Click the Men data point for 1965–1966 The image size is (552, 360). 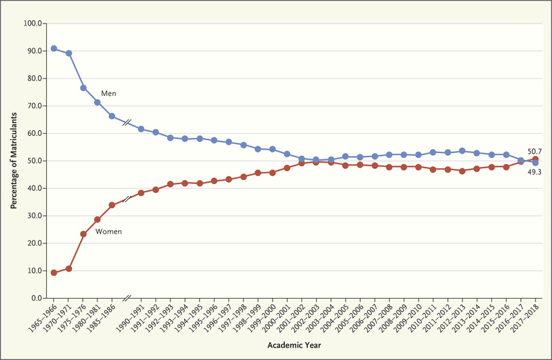[x=54, y=48]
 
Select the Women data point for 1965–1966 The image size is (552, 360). [x=54, y=272]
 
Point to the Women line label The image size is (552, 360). [x=109, y=232]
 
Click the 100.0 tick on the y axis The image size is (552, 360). [x=32, y=23]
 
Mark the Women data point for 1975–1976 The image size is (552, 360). [x=83, y=234]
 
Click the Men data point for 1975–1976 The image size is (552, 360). [x=83, y=88]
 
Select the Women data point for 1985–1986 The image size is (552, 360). [x=112, y=205]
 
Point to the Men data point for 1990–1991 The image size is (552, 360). [x=141, y=129]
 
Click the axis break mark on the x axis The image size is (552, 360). [x=127, y=298]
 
